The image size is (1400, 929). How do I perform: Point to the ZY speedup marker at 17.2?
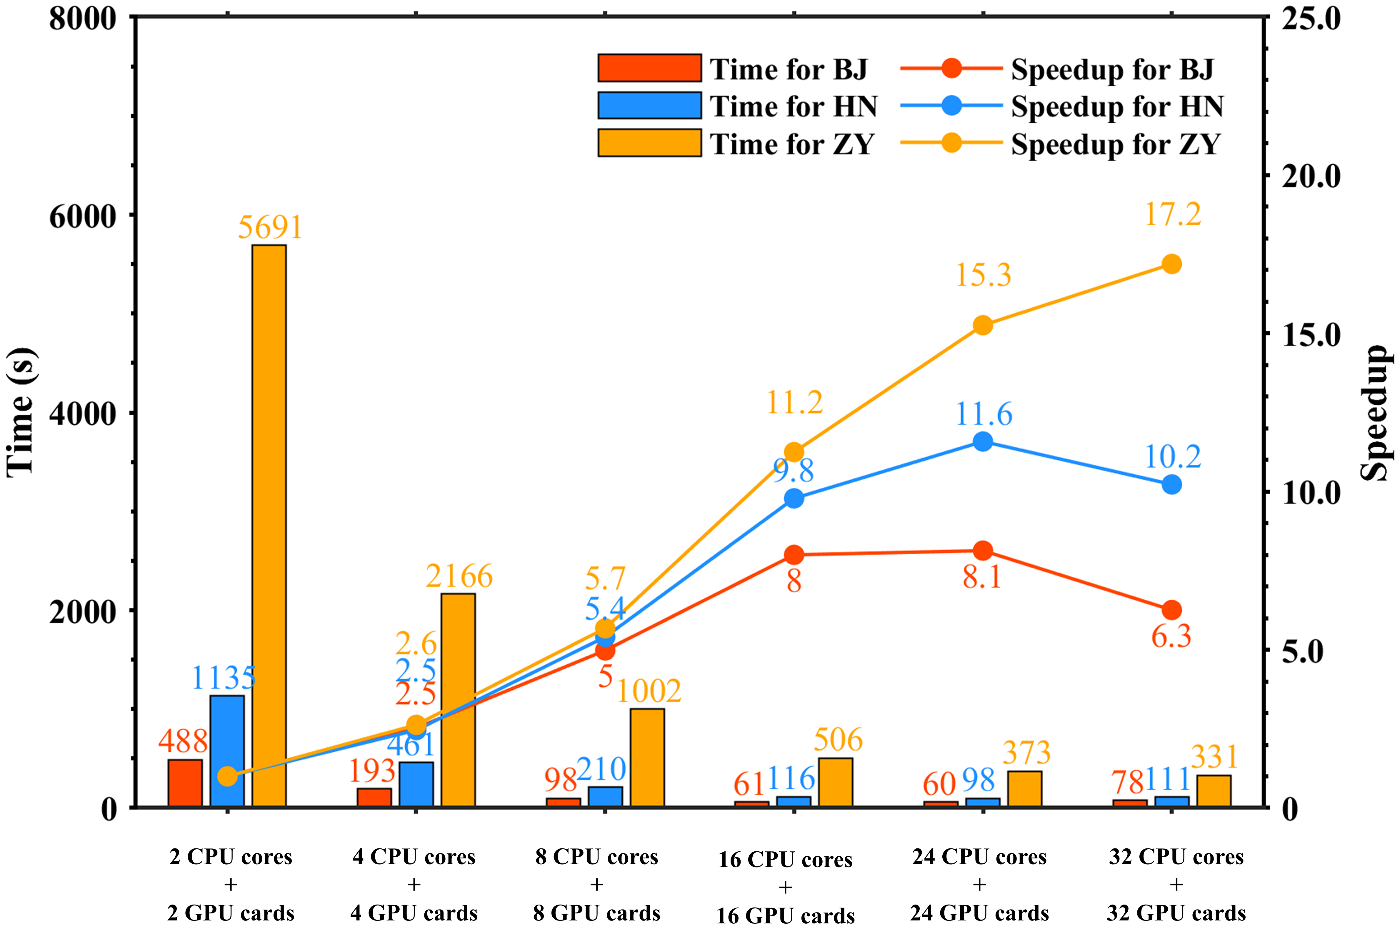tap(1171, 264)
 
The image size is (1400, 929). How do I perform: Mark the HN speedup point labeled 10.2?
tap(1171, 485)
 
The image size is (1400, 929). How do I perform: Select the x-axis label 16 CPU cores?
tap(785, 859)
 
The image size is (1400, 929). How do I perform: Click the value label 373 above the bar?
tap(1026, 753)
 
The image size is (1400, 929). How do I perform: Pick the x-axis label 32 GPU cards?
tap(1176, 913)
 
